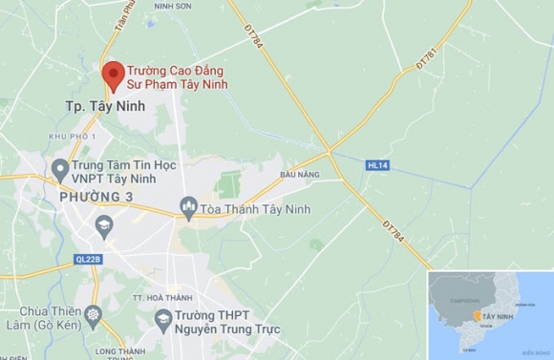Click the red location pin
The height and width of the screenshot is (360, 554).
click(x=114, y=74)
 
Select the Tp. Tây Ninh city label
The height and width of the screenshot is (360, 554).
click(x=105, y=106)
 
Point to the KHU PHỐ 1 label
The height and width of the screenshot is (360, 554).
click(x=73, y=138)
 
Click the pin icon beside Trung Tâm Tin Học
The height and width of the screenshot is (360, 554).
click(x=59, y=171)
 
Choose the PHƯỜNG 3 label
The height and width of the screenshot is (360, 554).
click(x=96, y=196)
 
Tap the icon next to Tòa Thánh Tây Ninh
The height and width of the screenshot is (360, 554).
click(x=189, y=207)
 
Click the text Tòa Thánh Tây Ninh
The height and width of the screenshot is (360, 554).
click(x=255, y=208)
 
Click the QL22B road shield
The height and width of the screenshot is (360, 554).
click(x=87, y=259)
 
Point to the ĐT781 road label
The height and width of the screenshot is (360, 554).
click(x=427, y=60)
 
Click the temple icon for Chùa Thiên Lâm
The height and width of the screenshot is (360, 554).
click(x=93, y=313)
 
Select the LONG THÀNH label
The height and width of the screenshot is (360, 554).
click(x=119, y=351)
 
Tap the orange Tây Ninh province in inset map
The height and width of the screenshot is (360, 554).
click(x=476, y=316)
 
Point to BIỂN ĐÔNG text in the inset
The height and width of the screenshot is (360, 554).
click(x=540, y=351)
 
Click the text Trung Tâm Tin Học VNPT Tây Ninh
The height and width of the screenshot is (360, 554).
click(x=124, y=172)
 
